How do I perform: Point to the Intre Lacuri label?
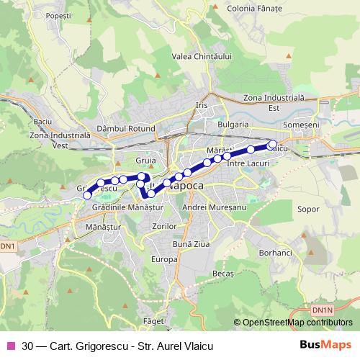tap(247, 164)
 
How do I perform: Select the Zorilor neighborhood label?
tap(165, 226)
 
